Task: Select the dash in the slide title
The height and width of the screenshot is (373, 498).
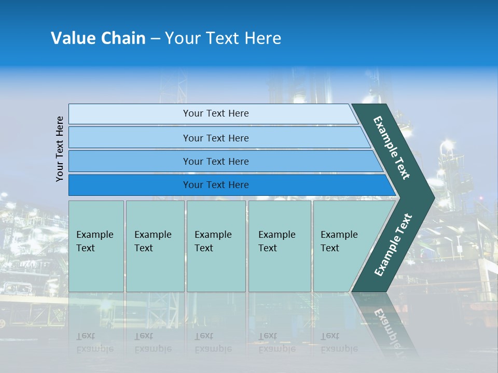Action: (x=155, y=39)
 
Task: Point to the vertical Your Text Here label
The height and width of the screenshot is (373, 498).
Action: (x=60, y=149)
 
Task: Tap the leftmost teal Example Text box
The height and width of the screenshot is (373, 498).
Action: (x=96, y=246)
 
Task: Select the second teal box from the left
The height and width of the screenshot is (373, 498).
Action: (x=155, y=246)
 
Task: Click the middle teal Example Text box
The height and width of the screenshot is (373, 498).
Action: (x=216, y=246)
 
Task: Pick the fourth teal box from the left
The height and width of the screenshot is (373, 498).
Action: (x=280, y=246)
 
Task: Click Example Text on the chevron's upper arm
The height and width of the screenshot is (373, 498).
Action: (x=392, y=147)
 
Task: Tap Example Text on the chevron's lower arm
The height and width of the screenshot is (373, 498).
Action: (x=393, y=245)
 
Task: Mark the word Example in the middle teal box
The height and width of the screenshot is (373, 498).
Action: (x=213, y=235)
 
